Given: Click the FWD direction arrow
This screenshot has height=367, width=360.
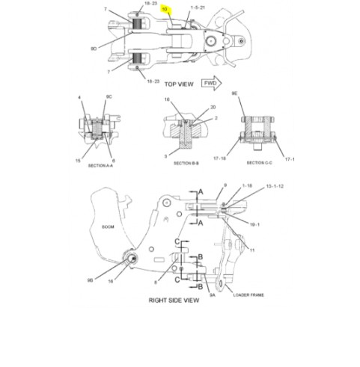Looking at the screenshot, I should [x=211, y=83].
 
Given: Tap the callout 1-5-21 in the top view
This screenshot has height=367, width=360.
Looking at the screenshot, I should [x=197, y=7].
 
